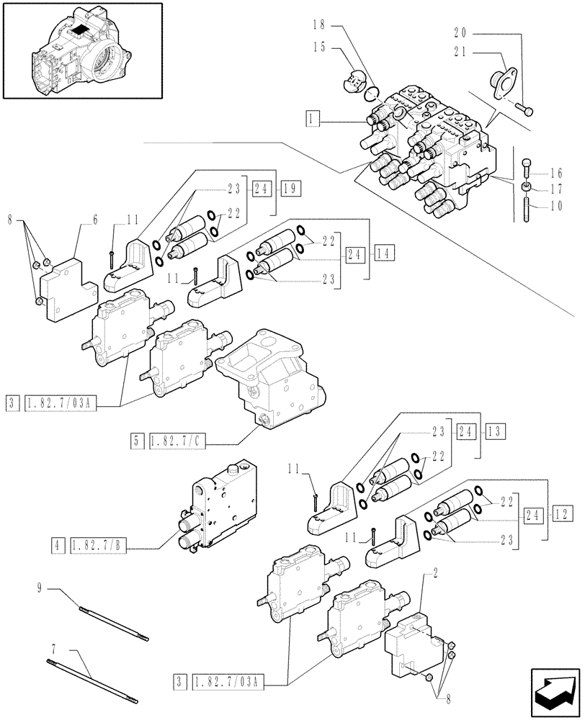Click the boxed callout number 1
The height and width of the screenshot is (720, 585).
pyautogui.click(x=311, y=117)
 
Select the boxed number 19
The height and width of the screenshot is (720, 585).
pyautogui.click(x=291, y=189)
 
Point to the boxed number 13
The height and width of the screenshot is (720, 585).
pyautogui.click(x=496, y=431)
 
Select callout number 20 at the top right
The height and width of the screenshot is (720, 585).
pyautogui.click(x=465, y=32)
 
